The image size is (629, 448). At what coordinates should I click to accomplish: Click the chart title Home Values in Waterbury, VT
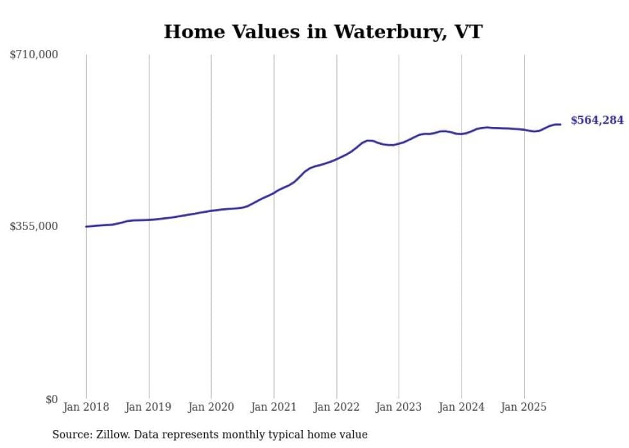click(x=323, y=31)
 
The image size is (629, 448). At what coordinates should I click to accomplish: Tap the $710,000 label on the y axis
click(x=33, y=54)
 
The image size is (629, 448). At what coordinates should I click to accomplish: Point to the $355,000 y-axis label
click(x=33, y=226)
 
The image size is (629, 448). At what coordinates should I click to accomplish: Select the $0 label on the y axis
click(x=51, y=399)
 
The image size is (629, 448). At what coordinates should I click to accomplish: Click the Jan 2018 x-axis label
click(x=86, y=407)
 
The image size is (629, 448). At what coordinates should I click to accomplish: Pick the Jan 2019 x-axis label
click(x=149, y=407)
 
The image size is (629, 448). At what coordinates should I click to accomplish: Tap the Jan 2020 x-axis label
click(x=211, y=407)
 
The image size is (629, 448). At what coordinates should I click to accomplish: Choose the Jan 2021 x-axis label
click(x=274, y=407)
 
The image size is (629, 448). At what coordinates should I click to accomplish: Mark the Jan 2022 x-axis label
click(x=336, y=407)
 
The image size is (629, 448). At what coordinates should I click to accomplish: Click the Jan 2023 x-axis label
click(x=399, y=407)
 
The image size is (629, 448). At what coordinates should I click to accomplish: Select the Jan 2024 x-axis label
click(x=461, y=407)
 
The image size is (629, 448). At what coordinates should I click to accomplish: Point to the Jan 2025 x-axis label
click(x=524, y=407)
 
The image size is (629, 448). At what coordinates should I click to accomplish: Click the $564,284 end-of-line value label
click(x=596, y=120)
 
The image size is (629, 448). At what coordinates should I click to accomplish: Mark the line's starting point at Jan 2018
click(x=86, y=226)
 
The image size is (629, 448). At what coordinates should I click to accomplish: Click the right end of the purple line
click(x=560, y=124)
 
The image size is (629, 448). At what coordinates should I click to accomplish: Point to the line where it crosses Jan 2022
click(x=336, y=158)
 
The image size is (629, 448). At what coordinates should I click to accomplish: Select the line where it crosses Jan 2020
click(x=211, y=210)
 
